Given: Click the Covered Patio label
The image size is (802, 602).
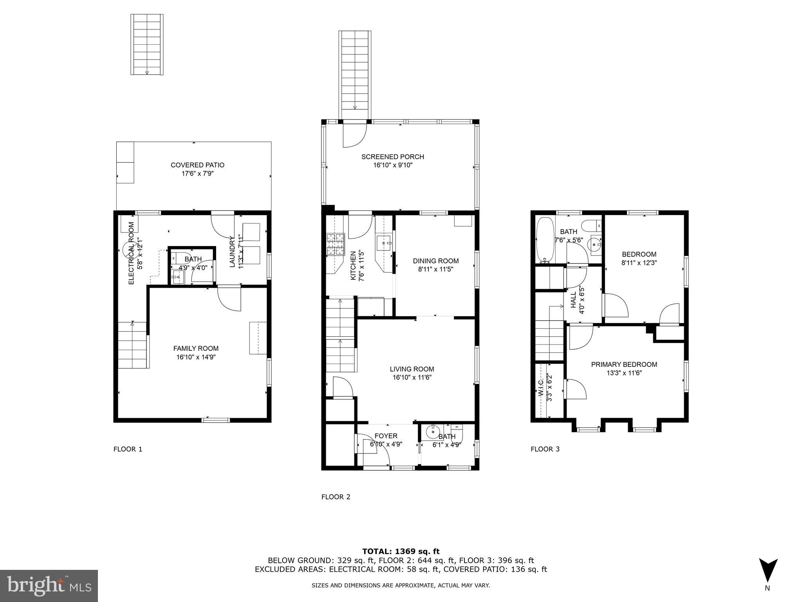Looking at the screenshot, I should [x=197, y=165].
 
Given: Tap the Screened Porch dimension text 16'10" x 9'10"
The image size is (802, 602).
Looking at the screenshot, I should [x=392, y=165].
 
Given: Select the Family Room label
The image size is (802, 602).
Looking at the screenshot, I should [x=196, y=348].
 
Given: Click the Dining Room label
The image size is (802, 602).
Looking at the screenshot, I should [x=435, y=261].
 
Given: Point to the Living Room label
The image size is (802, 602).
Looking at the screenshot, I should [x=412, y=369].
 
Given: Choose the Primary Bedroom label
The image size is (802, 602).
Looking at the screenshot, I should [x=624, y=364].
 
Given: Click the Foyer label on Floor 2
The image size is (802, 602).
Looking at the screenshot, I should [x=386, y=436].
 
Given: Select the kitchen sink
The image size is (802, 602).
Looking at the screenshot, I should [x=384, y=243].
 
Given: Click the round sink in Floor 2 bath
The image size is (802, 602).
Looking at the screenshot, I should [x=433, y=432].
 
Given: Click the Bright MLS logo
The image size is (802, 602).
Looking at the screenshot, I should [x=49, y=586].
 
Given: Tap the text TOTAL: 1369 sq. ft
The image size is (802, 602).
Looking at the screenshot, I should [x=401, y=551].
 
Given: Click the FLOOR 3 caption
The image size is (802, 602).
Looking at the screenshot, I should [x=545, y=449].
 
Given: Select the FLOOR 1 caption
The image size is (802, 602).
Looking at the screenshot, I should [x=128, y=449].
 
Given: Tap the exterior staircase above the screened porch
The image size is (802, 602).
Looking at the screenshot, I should [x=354, y=71].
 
